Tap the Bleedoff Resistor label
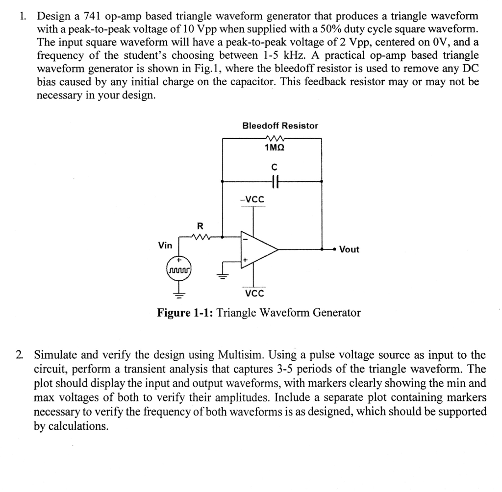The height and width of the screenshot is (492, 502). pos(280,126)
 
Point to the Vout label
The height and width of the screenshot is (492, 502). pos(349,249)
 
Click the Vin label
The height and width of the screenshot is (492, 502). pos(165,244)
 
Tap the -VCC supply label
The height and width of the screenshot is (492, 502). pos(252,199)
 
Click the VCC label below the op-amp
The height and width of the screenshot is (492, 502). pos(254,294)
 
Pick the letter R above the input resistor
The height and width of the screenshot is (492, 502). pos(199,226)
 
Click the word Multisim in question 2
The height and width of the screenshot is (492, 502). pos(242,355)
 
